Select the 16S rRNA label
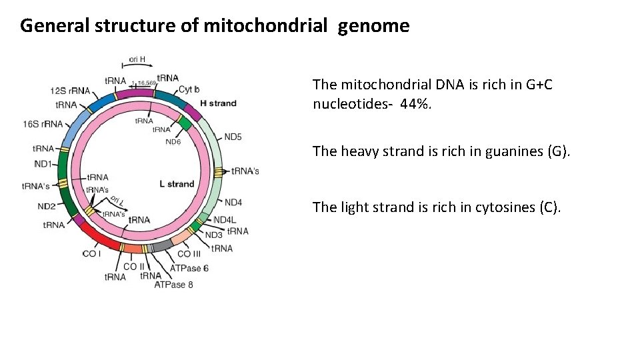(43, 124)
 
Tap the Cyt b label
(189, 89)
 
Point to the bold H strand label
(219, 103)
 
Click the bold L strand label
(177, 184)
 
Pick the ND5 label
(233, 137)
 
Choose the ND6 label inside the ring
(173, 141)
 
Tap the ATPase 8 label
(173, 285)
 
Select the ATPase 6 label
(189, 268)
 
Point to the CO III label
(189, 253)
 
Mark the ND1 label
(43, 163)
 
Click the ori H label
(137, 59)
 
